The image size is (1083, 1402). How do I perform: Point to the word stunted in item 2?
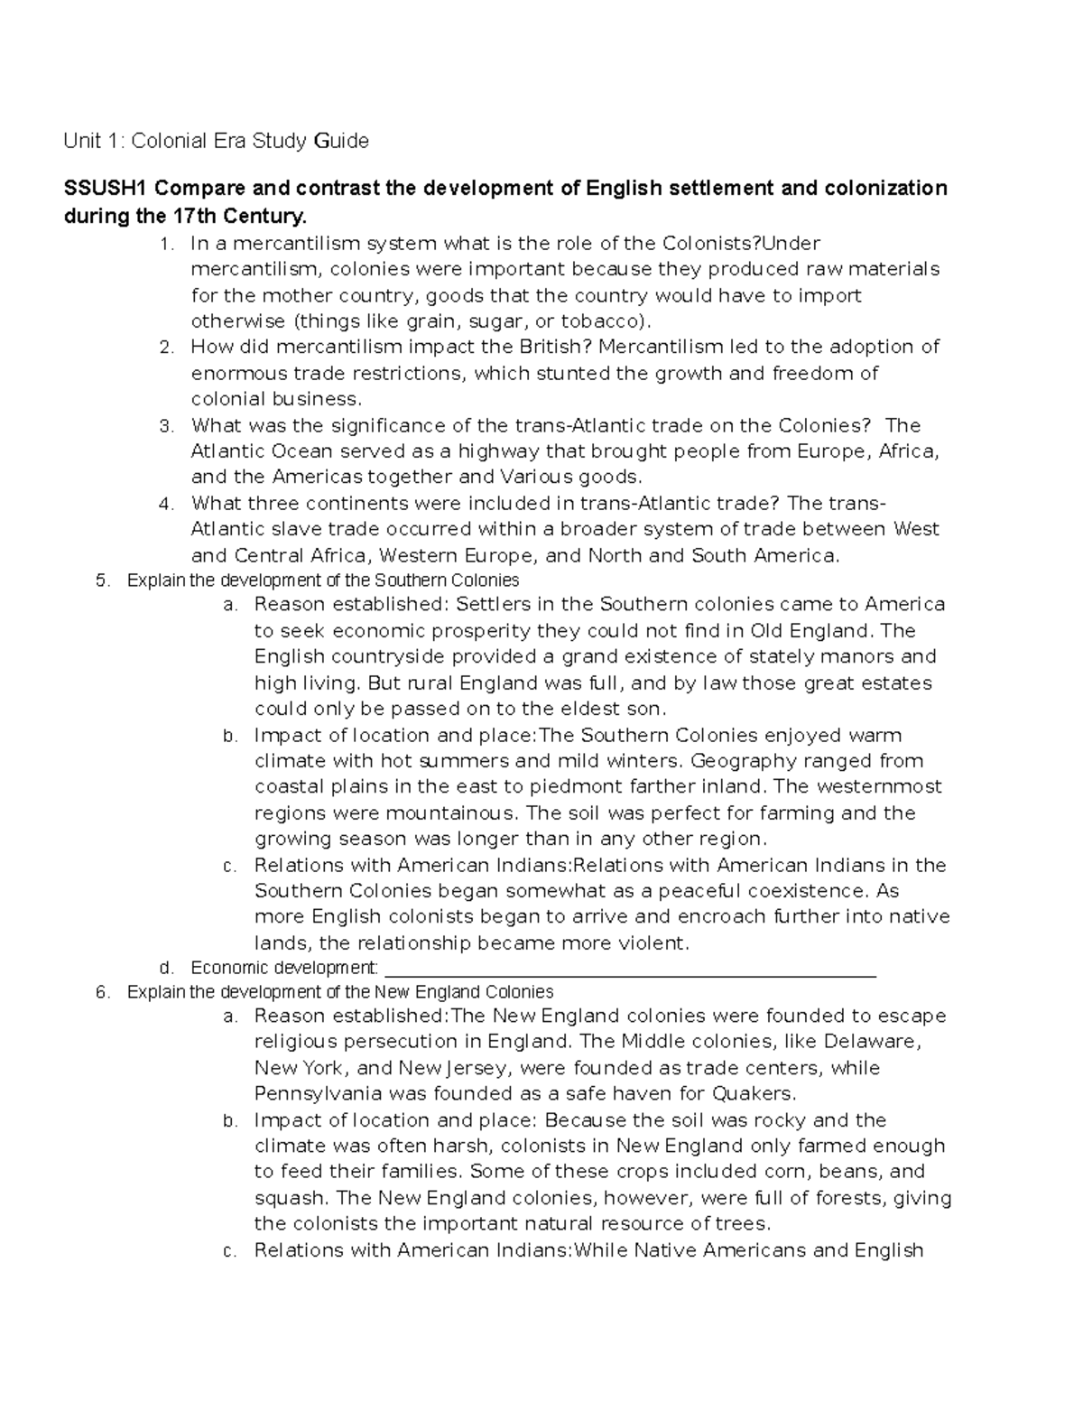[567, 373]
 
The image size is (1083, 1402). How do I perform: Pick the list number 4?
[164, 504]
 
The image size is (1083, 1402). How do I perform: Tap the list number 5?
[101, 580]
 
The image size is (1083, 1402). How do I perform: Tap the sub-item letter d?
[164, 969]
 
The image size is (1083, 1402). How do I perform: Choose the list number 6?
[101, 992]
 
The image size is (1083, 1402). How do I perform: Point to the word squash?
[289, 1199]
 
